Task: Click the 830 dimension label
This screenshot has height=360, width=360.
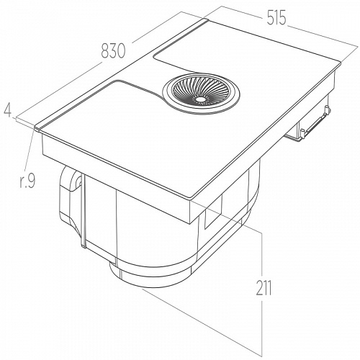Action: pyautogui.click(x=113, y=51)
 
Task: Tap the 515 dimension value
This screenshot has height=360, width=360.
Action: pyautogui.click(x=276, y=18)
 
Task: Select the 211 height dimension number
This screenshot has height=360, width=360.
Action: pyautogui.click(x=264, y=288)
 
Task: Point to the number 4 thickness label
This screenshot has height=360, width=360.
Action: pyautogui.click(x=8, y=110)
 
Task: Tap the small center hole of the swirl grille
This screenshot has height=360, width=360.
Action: pyautogui.click(x=199, y=99)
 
